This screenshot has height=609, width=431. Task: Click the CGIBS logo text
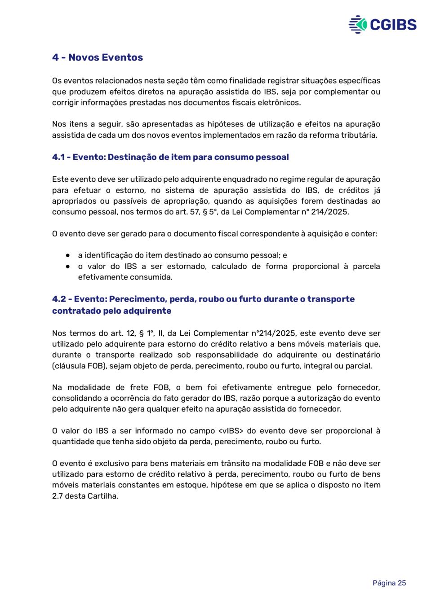tap(393, 24)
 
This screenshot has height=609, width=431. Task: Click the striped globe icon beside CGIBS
tap(358, 24)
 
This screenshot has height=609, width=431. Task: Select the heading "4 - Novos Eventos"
tap(98, 57)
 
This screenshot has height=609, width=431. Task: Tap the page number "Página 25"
tap(389, 583)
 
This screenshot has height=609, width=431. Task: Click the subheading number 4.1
tap(58, 157)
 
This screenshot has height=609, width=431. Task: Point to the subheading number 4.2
tap(59, 299)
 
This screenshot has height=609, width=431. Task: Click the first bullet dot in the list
tap(67, 255)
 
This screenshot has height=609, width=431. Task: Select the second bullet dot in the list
tap(67, 266)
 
